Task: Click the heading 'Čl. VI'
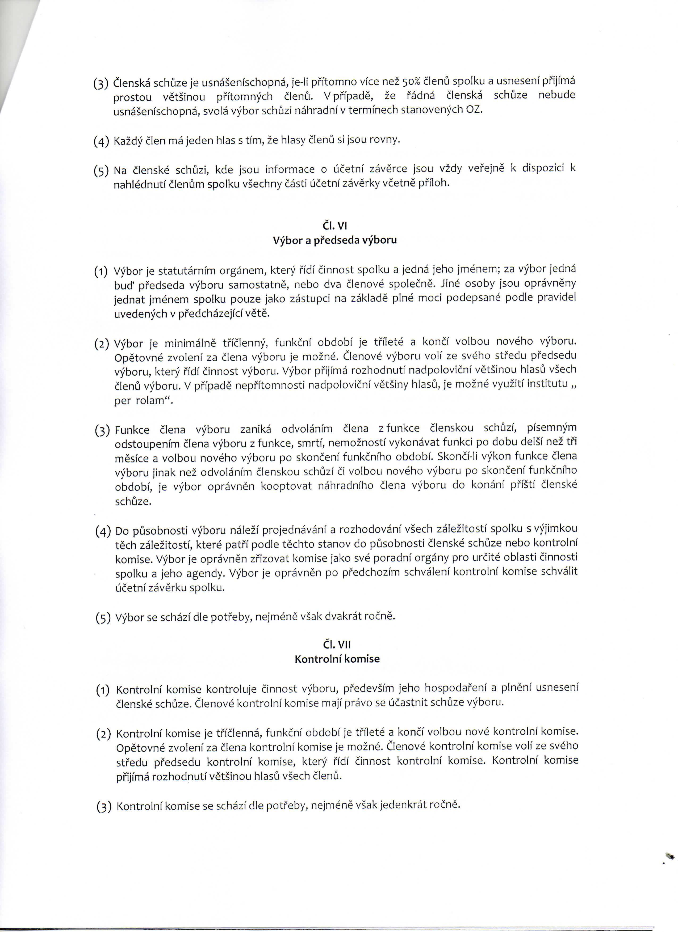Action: coord(335,225)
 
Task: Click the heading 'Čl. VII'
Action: coord(337,644)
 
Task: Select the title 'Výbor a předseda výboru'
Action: coord(335,240)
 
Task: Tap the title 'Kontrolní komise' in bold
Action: coord(337,659)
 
